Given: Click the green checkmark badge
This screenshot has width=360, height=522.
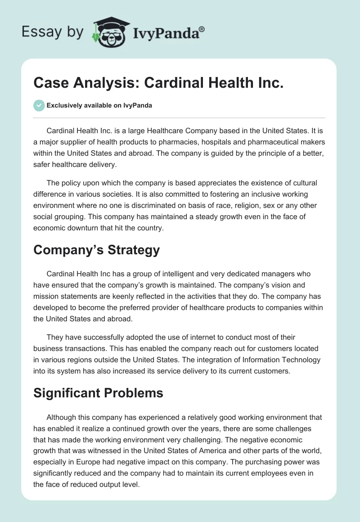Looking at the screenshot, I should coord(39,105).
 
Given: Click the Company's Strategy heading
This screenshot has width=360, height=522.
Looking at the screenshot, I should coord(97,250).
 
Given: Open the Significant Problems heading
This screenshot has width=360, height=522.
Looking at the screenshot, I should coord(98,393).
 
